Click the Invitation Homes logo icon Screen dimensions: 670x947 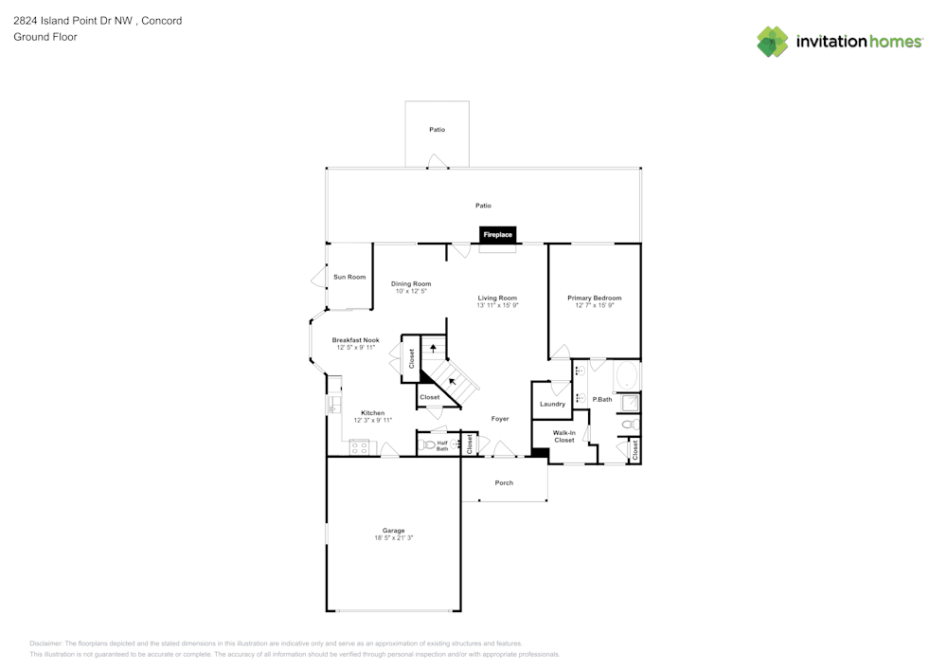click(x=773, y=42)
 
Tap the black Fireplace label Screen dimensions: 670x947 click(x=497, y=234)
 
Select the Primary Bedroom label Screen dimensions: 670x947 click(x=594, y=298)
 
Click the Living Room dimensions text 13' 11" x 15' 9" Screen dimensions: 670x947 click(x=497, y=305)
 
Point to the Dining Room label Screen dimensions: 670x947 click(x=411, y=283)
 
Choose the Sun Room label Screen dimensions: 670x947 click(x=349, y=277)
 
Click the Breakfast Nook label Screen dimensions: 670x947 click(x=355, y=339)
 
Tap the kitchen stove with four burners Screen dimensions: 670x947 click(x=359, y=447)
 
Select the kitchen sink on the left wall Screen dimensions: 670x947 click(x=332, y=406)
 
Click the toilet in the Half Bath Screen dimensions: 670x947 click(x=428, y=444)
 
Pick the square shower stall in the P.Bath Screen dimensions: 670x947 click(x=630, y=403)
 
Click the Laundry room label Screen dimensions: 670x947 click(x=552, y=404)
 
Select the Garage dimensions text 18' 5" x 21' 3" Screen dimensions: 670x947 click(x=393, y=538)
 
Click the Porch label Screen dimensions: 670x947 click(x=504, y=482)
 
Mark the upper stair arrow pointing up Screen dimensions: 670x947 click(x=434, y=348)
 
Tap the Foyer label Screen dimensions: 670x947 click(x=500, y=418)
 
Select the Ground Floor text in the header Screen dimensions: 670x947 click(x=45, y=37)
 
